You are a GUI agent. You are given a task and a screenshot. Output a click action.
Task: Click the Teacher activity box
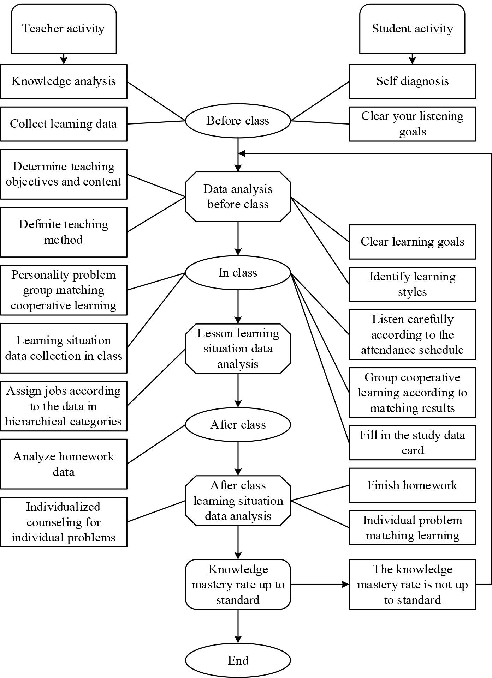(64, 29)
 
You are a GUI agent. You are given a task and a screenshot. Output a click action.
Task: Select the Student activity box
(412, 29)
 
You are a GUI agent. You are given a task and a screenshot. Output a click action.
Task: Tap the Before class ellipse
(238, 121)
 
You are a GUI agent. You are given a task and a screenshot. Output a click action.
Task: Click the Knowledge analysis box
(64, 81)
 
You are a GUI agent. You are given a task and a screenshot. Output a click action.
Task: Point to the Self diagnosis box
(412, 81)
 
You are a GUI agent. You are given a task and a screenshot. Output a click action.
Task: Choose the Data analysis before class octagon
(238, 197)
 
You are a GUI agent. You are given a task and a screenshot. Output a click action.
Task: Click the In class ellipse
(238, 273)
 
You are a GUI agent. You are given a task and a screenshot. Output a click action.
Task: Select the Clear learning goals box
(412, 242)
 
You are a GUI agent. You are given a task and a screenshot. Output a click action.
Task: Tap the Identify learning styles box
(412, 284)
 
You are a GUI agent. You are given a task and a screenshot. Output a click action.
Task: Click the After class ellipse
(238, 425)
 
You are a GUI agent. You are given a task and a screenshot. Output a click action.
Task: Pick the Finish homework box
(412, 485)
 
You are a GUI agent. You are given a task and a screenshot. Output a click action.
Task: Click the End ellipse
(238, 660)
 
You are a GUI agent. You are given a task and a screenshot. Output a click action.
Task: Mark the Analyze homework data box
(64, 464)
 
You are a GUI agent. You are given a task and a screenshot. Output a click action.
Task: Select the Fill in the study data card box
(412, 443)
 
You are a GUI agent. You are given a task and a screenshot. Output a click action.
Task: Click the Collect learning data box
(64, 124)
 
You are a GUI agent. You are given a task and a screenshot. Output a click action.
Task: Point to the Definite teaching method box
(64, 232)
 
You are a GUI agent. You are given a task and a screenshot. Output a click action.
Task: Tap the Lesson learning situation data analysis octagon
(238, 349)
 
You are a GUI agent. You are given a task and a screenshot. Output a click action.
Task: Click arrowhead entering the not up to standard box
(345, 585)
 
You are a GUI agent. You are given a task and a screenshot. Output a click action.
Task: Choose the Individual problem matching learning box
(412, 528)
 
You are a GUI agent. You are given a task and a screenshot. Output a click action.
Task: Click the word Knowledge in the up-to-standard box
(238, 569)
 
